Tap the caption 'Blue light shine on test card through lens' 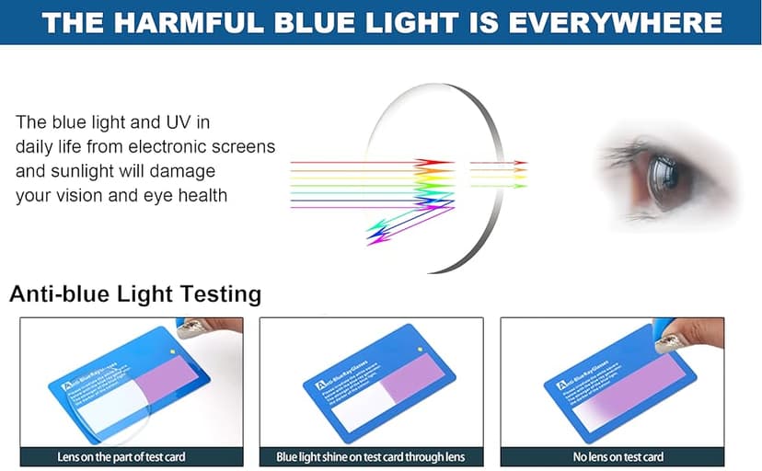pos(371,457)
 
